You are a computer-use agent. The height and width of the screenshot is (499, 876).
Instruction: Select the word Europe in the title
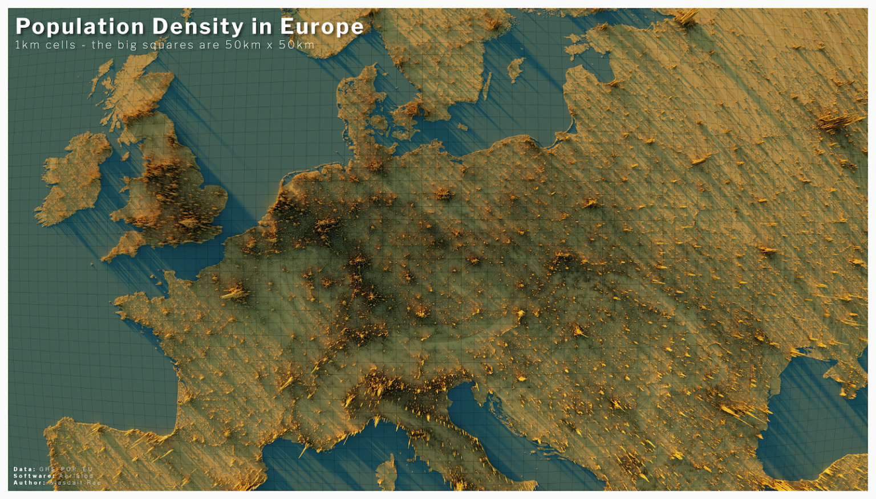(x=322, y=27)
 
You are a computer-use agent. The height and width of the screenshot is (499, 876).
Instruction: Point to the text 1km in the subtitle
(x=26, y=45)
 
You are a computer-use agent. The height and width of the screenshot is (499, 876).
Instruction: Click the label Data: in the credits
(x=25, y=469)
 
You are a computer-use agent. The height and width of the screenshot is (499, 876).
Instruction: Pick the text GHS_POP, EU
(x=66, y=469)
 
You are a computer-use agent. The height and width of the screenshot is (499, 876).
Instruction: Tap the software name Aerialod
(x=76, y=476)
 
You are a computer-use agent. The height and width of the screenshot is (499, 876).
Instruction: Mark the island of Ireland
(x=74, y=177)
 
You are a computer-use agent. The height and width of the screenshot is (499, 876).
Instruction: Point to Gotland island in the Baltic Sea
(x=516, y=68)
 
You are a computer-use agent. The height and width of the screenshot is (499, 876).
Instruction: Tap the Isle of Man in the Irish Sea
(x=125, y=155)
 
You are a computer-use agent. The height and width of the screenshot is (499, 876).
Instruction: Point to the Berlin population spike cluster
(x=443, y=194)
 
